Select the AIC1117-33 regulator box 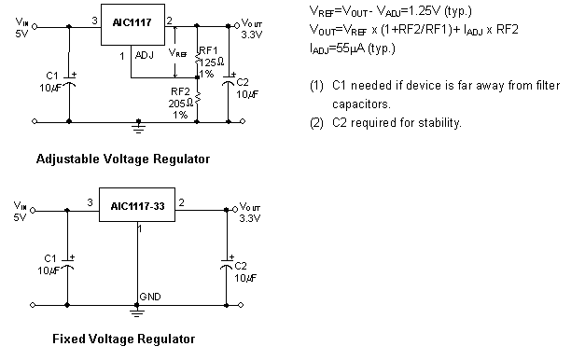(x=137, y=206)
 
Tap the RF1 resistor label (x=208, y=49)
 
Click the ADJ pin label (x=144, y=56)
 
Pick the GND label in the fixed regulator (x=149, y=297)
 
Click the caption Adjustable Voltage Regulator (x=122, y=159)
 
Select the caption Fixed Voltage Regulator (x=123, y=339)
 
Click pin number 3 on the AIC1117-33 (x=90, y=201)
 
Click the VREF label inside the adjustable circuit (x=177, y=54)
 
